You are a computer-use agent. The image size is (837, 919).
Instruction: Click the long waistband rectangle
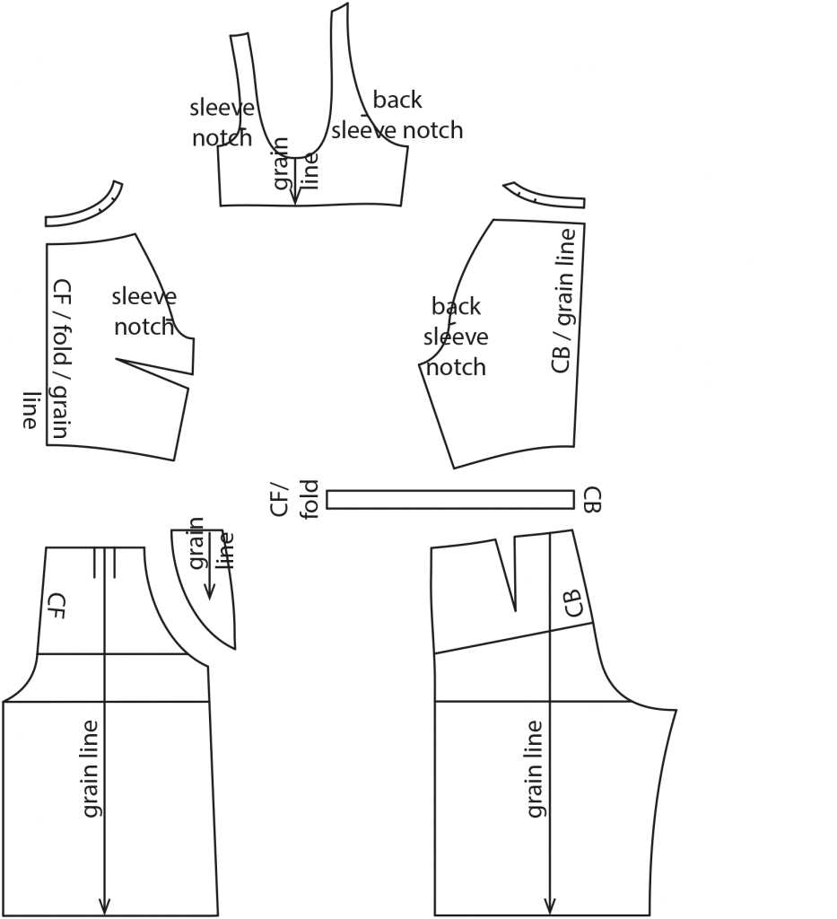[x=449, y=499]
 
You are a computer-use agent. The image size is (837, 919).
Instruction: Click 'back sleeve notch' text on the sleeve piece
[x=397, y=115]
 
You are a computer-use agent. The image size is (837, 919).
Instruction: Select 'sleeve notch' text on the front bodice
[x=144, y=311]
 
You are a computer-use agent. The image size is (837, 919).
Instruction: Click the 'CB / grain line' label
[x=562, y=301]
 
